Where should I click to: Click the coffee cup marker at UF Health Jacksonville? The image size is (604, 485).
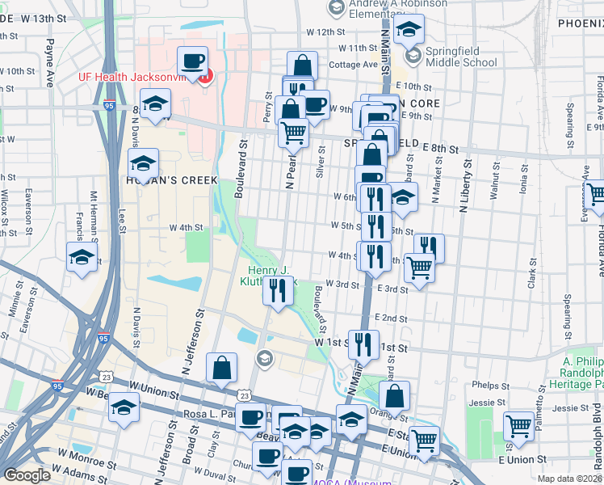point(192,61)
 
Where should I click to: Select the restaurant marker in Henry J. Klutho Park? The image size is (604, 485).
point(278,291)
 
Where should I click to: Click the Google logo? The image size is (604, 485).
point(27,475)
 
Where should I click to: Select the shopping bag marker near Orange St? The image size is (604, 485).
point(394,397)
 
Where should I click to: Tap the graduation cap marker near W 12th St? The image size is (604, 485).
point(409,32)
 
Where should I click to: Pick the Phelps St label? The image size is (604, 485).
point(488,385)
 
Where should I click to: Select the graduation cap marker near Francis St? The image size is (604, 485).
point(82,259)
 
